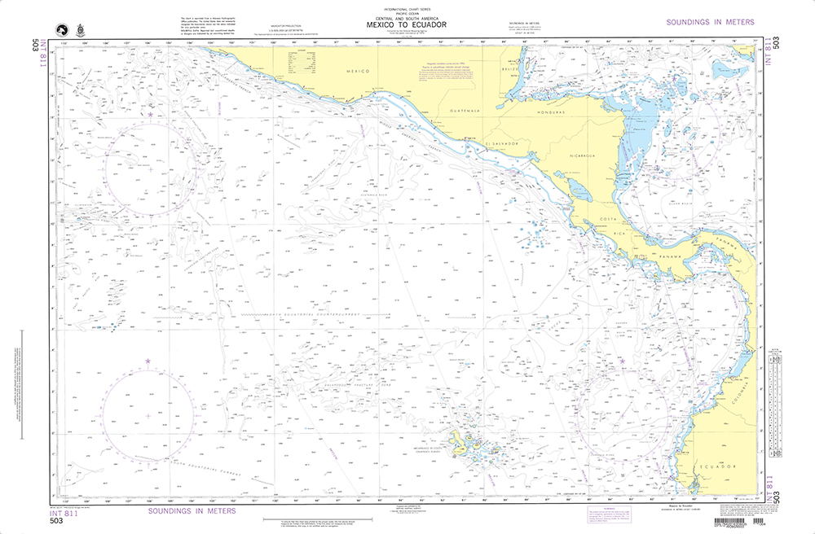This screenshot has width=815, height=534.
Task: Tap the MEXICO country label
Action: click(358, 72)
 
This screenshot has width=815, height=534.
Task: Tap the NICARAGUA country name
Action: click(582, 153)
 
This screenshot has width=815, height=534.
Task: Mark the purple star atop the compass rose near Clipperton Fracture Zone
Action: click(151, 115)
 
